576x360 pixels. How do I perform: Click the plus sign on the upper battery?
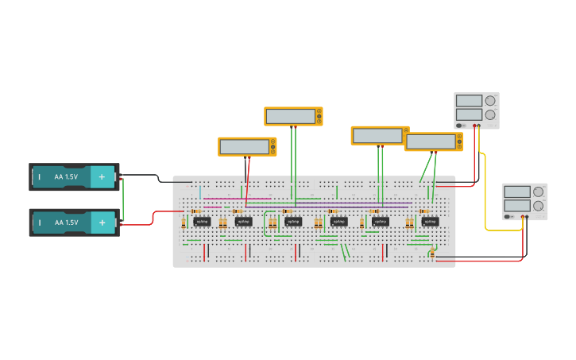point(102,176)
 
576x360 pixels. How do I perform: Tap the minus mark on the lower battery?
point(40,223)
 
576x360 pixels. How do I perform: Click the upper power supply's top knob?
point(490,101)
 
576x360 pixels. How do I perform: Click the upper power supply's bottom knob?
point(490,114)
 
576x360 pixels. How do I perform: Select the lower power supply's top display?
point(516,192)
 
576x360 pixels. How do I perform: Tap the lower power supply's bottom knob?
point(538,206)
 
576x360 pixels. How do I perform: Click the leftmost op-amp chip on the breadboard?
point(202,221)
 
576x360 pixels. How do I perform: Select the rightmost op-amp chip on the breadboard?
point(430,221)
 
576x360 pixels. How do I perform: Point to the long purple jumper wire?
point(318,204)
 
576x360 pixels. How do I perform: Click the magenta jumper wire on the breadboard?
point(230,199)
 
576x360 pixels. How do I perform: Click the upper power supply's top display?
point(469,101)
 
